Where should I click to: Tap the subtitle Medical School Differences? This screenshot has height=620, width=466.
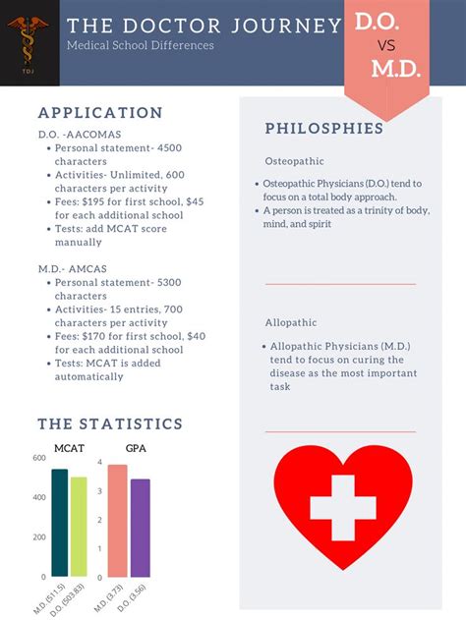[x=141, y=46]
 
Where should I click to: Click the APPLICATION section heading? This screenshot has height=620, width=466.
[x=100, y=113]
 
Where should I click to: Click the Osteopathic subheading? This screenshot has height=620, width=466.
[x=294, y=161]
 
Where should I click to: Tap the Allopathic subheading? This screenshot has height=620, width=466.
[x=291, y=323]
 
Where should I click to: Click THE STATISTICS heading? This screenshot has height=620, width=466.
[x=110, y=424]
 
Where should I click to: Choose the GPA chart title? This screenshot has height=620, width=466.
[x=135, y=449]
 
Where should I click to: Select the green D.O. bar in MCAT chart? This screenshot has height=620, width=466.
[x=79, y=527]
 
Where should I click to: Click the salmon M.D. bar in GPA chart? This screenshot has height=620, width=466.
[x=118, y=520]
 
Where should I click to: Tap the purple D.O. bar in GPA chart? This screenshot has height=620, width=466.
[x=141, y=528]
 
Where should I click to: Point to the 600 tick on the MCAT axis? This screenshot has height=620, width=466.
[x=38, y=459]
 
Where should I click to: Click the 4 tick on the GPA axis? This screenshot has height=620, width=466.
[x=100, y=462]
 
